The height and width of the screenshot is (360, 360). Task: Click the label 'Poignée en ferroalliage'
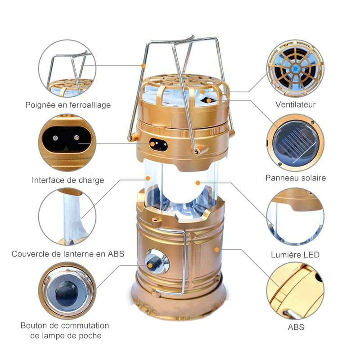(x=67, y=105)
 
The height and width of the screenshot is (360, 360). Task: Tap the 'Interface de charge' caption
(x=67, y=180)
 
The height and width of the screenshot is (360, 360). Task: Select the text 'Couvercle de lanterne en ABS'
(x=67, y=254)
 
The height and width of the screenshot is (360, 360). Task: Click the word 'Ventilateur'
(x=295, y=105)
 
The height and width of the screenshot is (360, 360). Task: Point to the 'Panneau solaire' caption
(x=295, y=178)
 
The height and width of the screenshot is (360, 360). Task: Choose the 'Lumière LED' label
(x=295, y=255)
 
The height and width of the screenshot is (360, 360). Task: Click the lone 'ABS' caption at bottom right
(x=296, y=327)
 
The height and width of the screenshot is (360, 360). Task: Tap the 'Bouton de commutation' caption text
(x=65, y=325)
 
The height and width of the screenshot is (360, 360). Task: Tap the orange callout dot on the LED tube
(x=198, y=182)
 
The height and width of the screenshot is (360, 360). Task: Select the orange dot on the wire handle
(x=143, y=66)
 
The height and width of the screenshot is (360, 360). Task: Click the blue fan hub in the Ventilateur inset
(x=296, y=68)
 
